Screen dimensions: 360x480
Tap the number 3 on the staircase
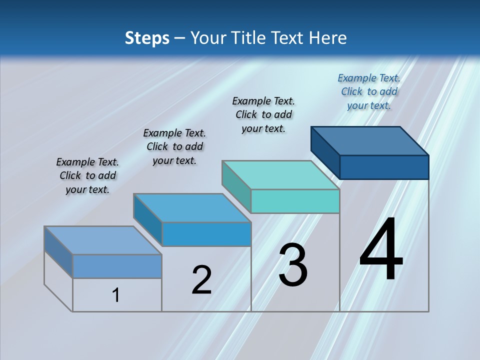(x=293, y=265)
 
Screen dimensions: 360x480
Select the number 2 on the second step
(x=201, y=279)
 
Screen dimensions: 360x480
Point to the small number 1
(x=116, y=295)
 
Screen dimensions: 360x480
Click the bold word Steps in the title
(x=147, y=37)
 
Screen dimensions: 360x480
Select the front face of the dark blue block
(x=384, y=167)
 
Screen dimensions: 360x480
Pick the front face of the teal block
(x=295, y=201)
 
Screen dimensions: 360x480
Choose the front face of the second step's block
(x=206, y=234)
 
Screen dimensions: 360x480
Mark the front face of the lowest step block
(x=117, y=266)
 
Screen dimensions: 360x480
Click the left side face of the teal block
(x=236, y=187)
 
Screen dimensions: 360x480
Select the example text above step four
(x=369, y=91)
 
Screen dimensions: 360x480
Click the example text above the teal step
(x=263, y=114)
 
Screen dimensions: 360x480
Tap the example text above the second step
(x=174, y=146)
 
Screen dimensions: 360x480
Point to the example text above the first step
(x=87, y=175)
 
